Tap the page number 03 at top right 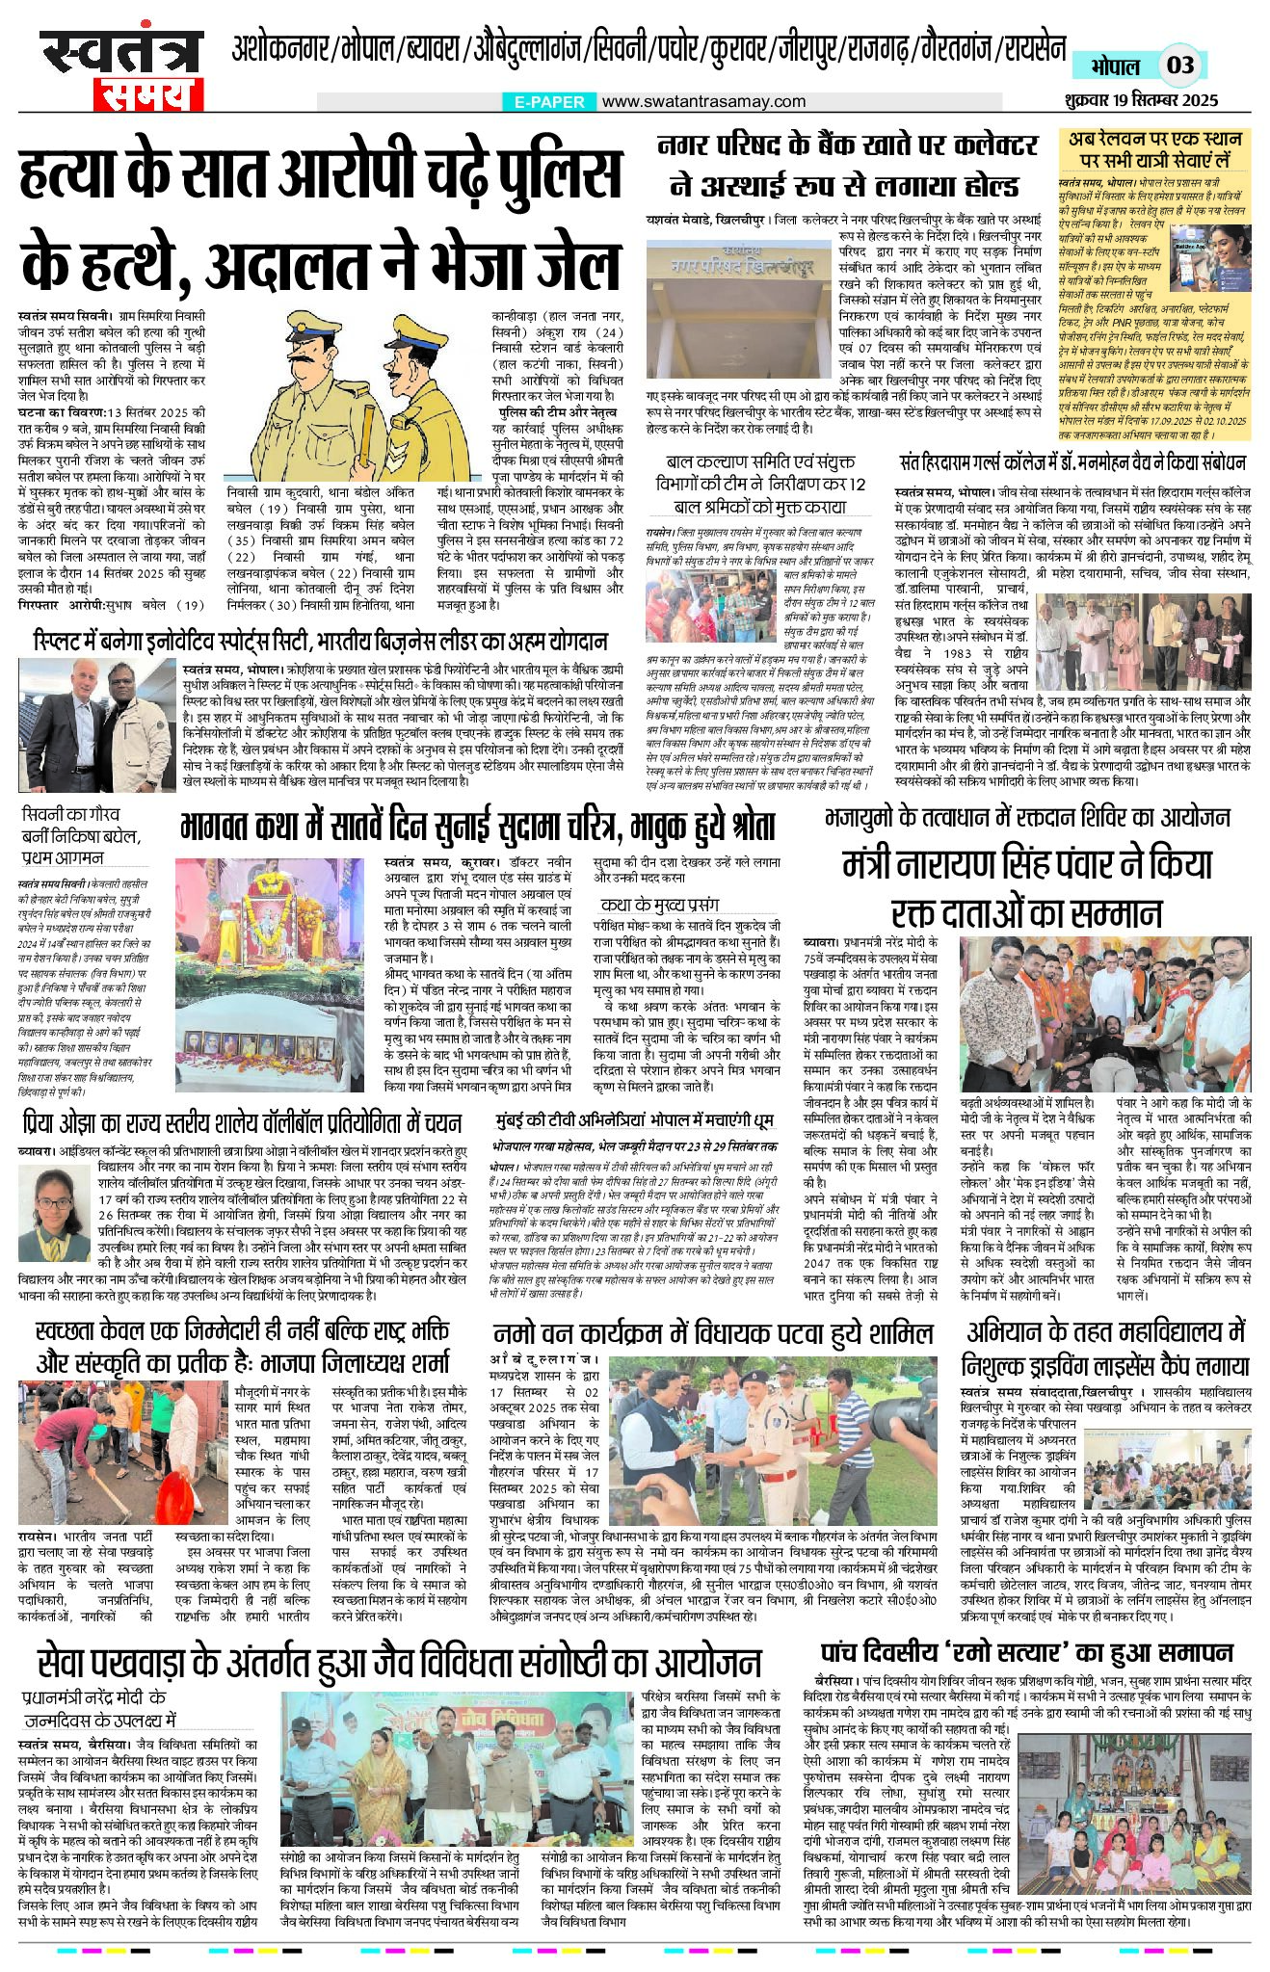1180,66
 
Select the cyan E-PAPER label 549,101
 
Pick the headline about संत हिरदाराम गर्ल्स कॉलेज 1072,462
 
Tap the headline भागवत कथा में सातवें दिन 477,827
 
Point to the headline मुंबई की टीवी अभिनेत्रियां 634,1123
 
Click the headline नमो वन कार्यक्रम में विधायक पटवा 713,1334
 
